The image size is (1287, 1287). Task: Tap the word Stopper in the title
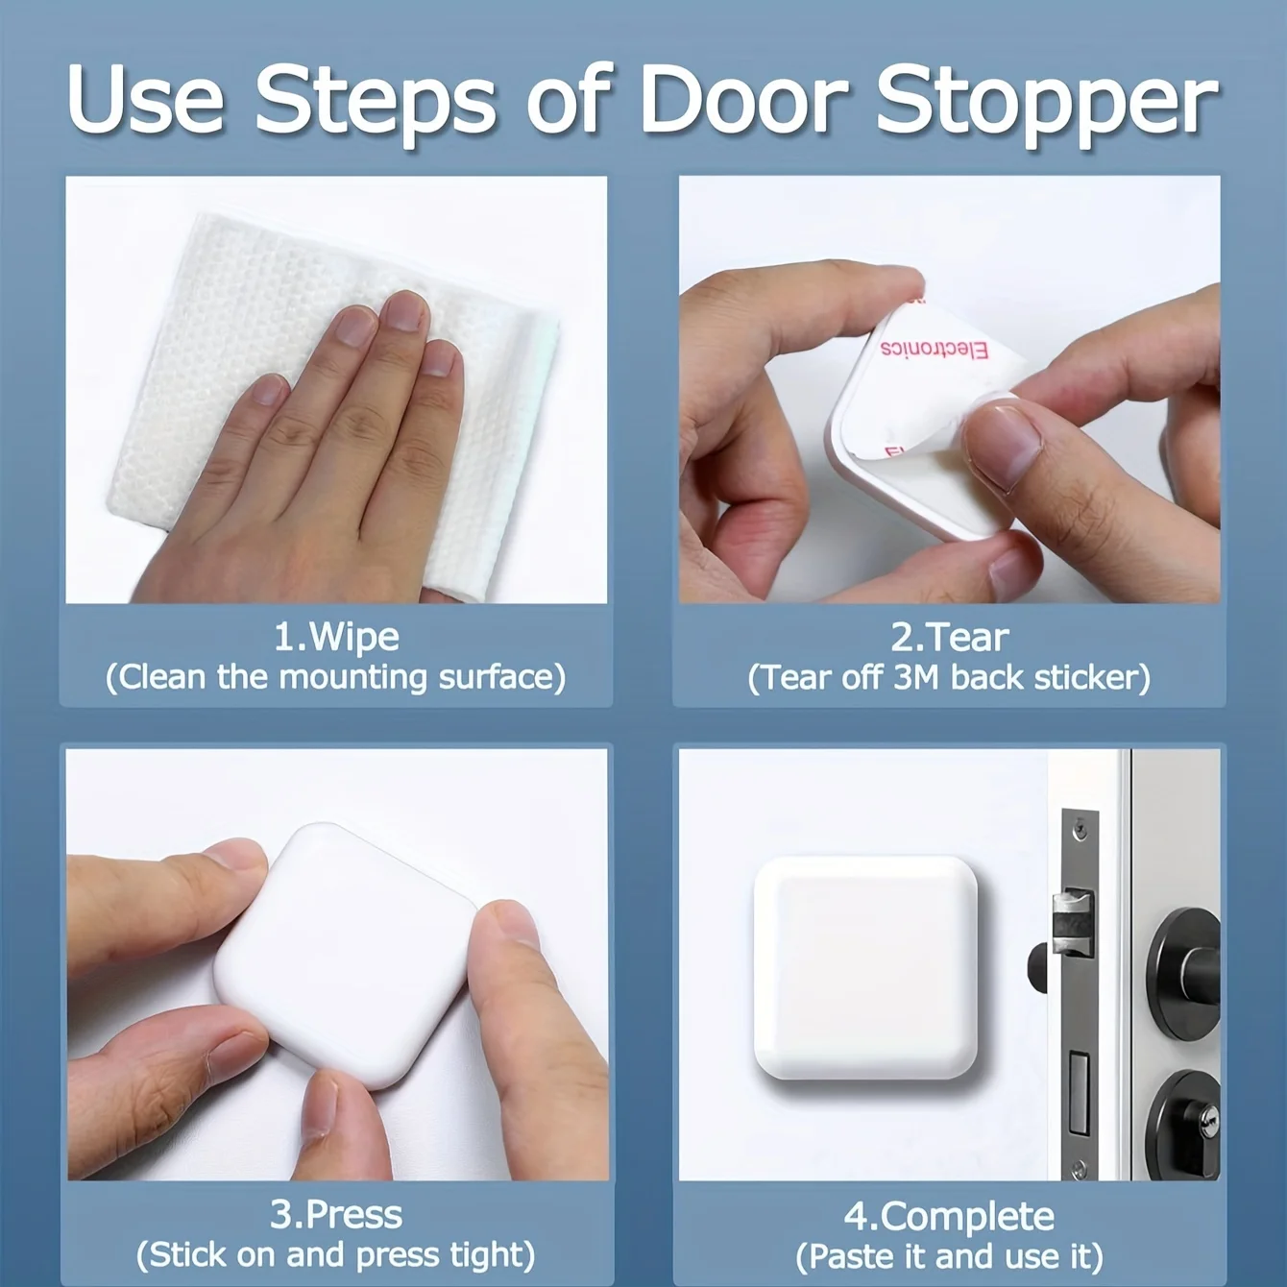point(1048,106)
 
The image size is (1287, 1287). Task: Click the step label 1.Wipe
point(336,637)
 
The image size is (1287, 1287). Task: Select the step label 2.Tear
point(949,637)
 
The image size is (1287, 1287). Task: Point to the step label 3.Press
point(336,1214)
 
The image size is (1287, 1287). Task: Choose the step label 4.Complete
point(949,1216)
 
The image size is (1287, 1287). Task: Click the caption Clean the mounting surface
point(336,677)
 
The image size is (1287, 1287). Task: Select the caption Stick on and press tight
point(336,1255)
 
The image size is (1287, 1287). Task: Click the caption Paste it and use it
point(949,1255)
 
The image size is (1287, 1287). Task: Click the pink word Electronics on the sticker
point(934,350)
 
